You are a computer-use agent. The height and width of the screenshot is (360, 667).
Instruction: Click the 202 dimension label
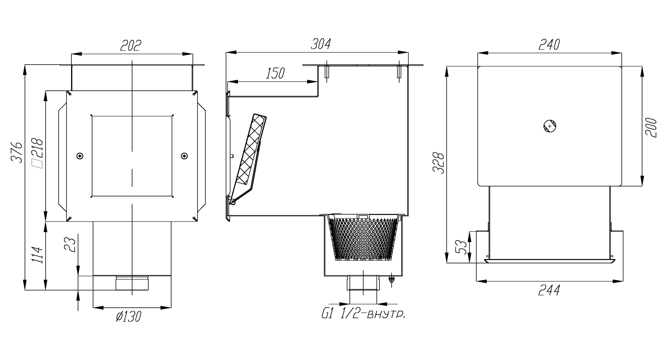tap(131, 45)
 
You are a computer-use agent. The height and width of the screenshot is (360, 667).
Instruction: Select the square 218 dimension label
tap(37, 153)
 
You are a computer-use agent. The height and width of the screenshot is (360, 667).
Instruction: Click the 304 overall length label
tap(320, 44)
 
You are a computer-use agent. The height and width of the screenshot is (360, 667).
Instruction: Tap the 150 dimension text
tap(275, 73)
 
